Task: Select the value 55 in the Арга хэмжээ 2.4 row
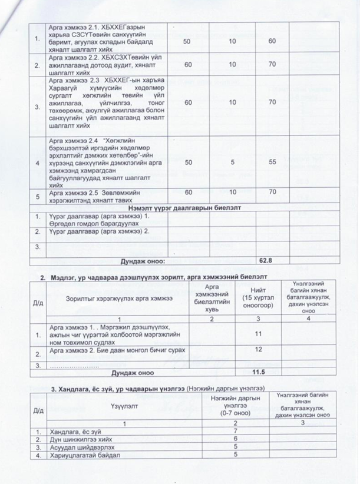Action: pos(272,161)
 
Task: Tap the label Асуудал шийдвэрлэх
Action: pos(77,447)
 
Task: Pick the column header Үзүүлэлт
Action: pos(123,406)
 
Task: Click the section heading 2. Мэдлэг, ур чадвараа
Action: pos(156,275)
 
